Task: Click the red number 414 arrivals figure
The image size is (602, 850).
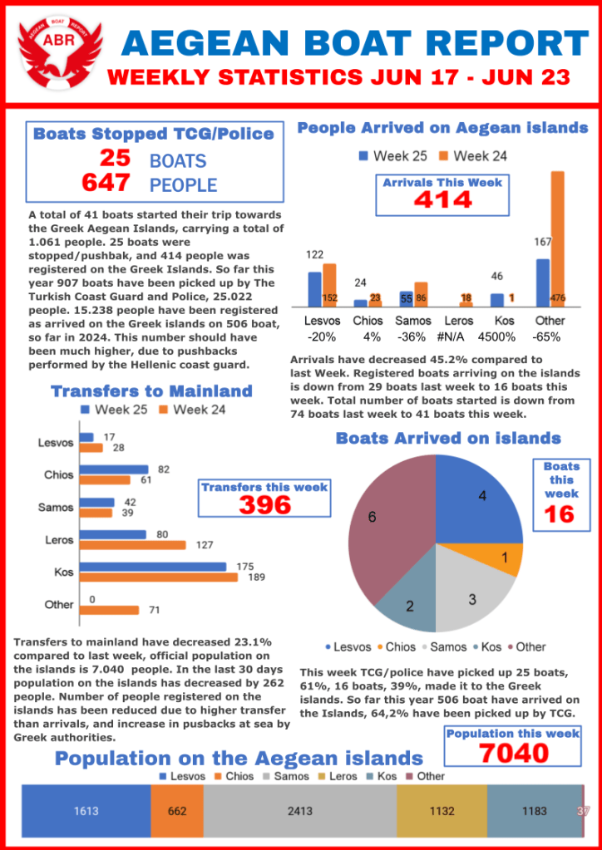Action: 443,199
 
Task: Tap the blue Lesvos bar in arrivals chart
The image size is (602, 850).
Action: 314,289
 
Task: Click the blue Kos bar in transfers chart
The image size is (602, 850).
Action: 153,567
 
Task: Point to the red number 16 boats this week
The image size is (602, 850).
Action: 560,515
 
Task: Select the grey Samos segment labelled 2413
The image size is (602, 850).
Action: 300,810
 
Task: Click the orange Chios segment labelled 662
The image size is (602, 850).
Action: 177,810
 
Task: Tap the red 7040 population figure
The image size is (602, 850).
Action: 513,753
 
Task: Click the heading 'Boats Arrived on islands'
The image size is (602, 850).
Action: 447,438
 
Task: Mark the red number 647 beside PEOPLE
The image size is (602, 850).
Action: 106,183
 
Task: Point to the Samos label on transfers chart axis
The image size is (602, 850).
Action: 56,507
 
